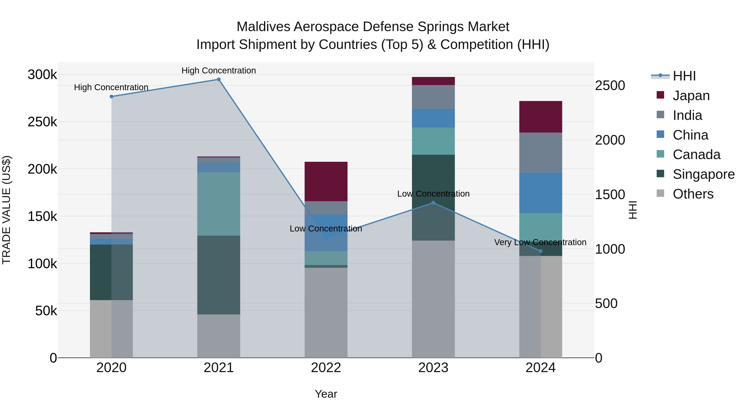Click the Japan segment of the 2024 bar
(540, 117)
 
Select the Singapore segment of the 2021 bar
(219, 275)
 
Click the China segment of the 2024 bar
(540, 192)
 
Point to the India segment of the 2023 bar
(433, 97)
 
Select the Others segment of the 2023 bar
(433, 298)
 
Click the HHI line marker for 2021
(219, 79)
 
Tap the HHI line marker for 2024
(540, 251)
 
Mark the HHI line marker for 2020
(111, 96)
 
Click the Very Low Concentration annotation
(540, 242)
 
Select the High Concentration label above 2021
(219, 71)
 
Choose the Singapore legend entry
(704, 174)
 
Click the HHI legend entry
(684, 76)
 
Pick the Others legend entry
(693, 194)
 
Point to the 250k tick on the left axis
(42, 122)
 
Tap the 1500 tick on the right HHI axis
(610, 195)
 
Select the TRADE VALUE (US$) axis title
(6, 210)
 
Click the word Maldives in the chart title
(263, 27)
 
